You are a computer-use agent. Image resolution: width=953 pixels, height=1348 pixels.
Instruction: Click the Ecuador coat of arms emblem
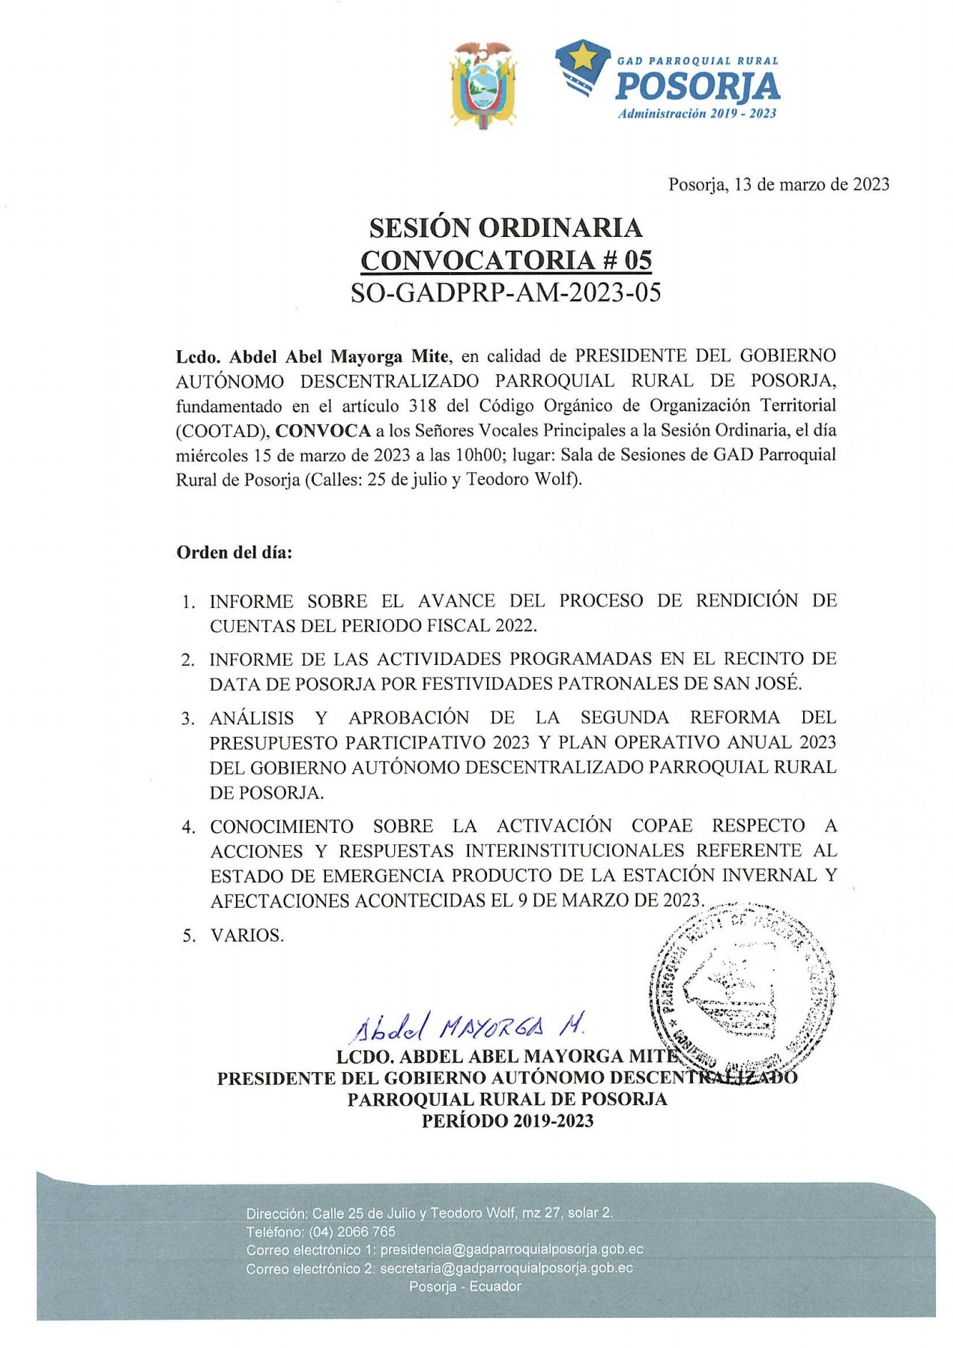(482, 85)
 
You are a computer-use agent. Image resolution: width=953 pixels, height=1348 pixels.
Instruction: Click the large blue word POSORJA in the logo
(697, 87)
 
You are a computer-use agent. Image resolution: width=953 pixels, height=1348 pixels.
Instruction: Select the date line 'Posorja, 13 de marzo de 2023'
(778, 184)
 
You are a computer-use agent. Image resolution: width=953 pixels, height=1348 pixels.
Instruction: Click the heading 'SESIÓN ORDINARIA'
(506, 227)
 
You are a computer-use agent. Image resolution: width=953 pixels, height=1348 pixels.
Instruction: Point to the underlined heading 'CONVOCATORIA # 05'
(506, 260)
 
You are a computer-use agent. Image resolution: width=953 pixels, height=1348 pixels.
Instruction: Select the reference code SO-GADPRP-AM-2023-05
(506, 292)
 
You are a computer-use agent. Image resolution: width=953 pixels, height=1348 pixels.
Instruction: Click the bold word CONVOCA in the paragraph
(323, 430)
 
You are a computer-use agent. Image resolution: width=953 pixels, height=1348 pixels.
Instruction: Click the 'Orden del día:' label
(234, 553)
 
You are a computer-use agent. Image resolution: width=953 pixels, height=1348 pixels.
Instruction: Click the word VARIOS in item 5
(247, 936)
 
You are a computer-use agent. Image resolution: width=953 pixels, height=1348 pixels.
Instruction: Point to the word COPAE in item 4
(662, 826)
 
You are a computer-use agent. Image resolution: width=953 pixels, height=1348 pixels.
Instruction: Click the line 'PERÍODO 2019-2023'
(507, 1121)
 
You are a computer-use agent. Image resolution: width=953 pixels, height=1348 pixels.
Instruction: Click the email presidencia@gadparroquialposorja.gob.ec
(511, 1250)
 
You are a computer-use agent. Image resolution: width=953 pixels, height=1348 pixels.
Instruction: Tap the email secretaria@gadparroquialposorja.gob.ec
(506, 1269)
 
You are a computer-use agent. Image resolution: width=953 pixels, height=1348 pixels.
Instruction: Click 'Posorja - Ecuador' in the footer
(465, 1287)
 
